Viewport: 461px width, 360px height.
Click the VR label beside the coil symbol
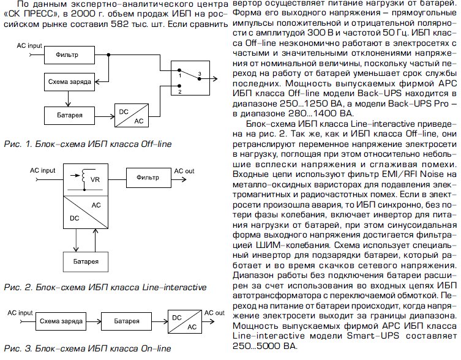[95, 180]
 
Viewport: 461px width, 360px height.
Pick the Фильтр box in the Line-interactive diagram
[148, 177]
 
